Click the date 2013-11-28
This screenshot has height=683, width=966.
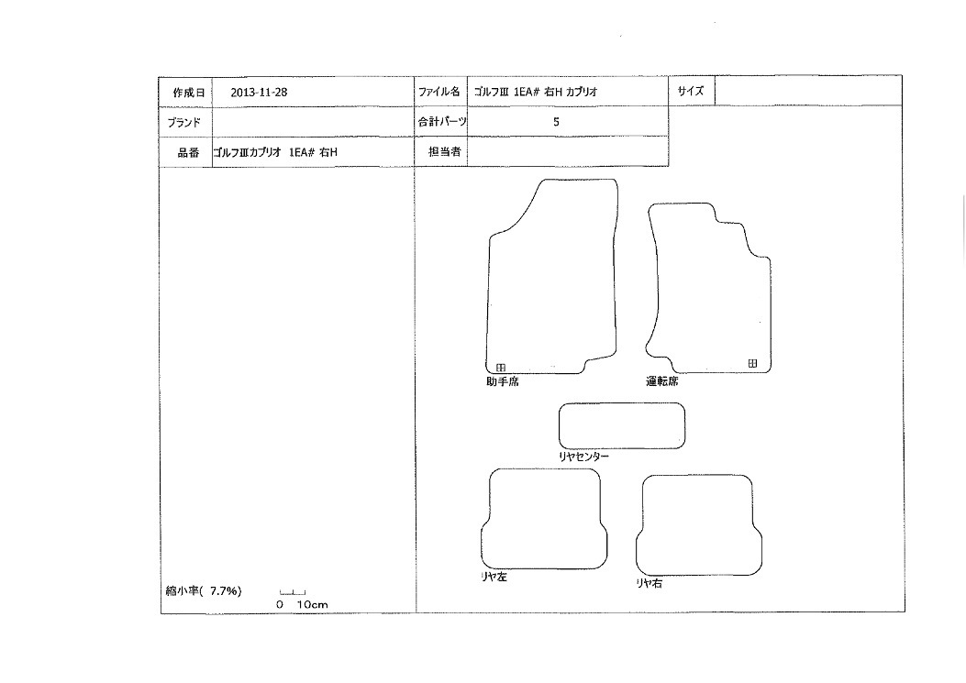(x=259, y=93)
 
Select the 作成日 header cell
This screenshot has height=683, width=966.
(x=185, y=93)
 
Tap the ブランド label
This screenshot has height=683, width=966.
(x=183, y=123)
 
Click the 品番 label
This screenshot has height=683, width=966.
(x=188, y=153)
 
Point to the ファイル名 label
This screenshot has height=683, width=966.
(x=439, y=92)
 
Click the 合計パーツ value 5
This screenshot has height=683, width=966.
(x=556, y=122)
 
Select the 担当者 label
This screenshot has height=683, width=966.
(x=445, y=151)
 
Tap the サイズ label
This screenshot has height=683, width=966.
(x=691, y=91)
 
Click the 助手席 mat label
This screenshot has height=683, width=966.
(x=503, y=382)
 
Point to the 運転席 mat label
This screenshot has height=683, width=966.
(x=662, y=381)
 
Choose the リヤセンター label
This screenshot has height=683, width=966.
(x=583, y=457)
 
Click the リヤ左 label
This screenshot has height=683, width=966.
(x=494, y=577)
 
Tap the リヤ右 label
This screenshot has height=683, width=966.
(x=650, y=583)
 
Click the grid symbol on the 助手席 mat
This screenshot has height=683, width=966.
(x=501, y=368)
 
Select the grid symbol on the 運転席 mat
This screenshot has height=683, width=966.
(x=752, y=363)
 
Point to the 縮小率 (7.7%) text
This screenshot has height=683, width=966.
(x=204, y=591)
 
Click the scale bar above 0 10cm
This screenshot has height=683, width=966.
(x=293, y=593)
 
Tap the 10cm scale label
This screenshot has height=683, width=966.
(x=312, y=605)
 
